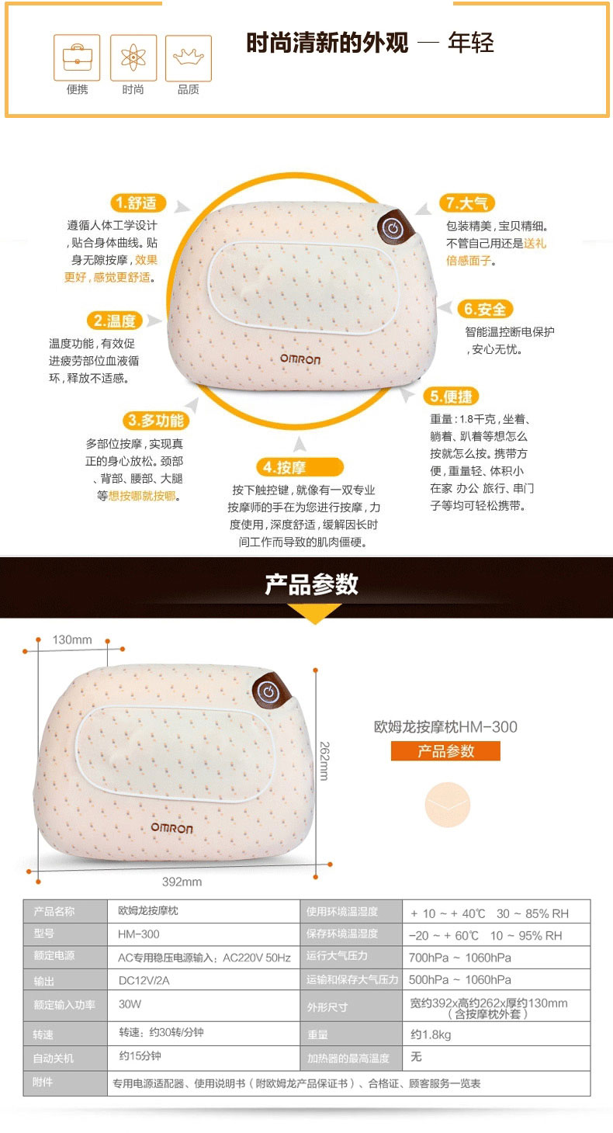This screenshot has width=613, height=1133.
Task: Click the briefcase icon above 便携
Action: click(77, 57)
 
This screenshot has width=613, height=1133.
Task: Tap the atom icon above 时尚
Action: click(133, 57)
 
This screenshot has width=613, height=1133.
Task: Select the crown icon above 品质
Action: click(188, 57)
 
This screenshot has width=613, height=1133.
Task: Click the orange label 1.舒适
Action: click(138, 203)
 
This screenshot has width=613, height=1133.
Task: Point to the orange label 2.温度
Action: click(115, 320)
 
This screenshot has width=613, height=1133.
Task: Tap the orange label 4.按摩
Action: click(300, 467)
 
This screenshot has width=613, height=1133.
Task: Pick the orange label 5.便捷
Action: click(451, 397)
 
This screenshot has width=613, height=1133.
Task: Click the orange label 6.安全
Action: click(485, 309)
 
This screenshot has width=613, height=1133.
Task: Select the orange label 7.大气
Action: click(467, 203)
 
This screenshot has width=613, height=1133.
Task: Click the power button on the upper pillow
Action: click(393, 229)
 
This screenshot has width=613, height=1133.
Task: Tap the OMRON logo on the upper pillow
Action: click(300, 359)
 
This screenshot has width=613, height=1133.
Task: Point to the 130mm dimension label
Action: click(72, 640)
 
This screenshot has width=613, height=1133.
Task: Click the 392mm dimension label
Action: click(182, 882)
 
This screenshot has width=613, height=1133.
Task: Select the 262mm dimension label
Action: click(324, 761)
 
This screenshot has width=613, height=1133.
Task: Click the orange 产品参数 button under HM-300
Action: click(445, 751)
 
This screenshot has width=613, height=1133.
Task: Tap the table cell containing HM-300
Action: click(204, 934)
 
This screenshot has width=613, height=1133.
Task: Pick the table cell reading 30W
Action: click(204, 1004)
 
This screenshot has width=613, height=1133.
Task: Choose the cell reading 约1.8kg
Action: click(496, 1034)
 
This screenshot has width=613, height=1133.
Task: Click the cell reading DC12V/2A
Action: click(204, 980)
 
